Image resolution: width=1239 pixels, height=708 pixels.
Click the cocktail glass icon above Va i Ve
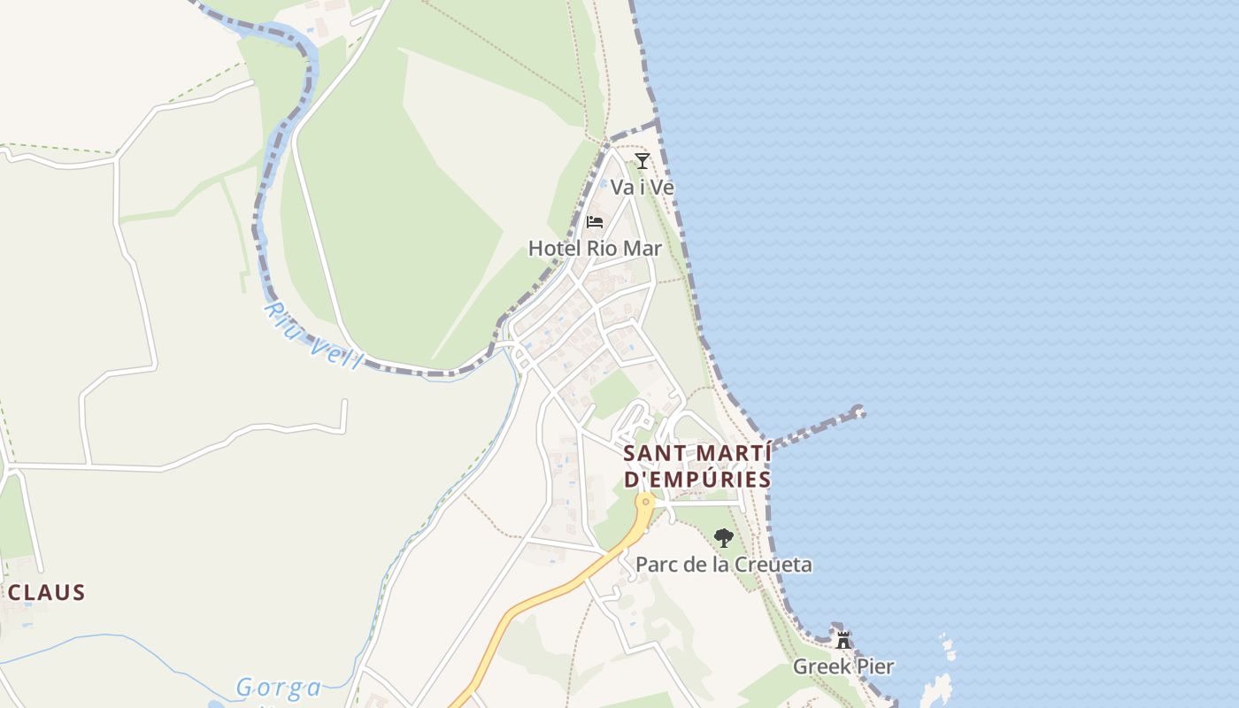coord(643,161)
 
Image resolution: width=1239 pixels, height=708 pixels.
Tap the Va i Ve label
coord(643,188)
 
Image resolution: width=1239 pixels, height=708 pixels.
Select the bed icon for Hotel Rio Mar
coord(595,221)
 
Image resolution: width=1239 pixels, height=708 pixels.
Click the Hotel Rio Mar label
coord(595,248)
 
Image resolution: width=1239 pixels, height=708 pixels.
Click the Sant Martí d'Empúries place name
coord(697,466)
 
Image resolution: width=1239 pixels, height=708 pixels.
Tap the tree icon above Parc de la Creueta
coord(724,537)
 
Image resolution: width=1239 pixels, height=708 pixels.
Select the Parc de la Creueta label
coord(724,565)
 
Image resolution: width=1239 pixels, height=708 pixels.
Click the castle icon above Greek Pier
coord(843,639)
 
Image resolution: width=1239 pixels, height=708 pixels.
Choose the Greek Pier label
coord(843,666)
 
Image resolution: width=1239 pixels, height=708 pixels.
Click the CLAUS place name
coord(46,592)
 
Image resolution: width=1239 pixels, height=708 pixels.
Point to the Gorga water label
coord(279,688)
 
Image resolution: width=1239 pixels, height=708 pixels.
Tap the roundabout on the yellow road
coord(647,502)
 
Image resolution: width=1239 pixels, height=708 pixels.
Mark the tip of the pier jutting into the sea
coord(858,412)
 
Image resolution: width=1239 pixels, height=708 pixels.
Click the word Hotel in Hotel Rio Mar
coord(553,248)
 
